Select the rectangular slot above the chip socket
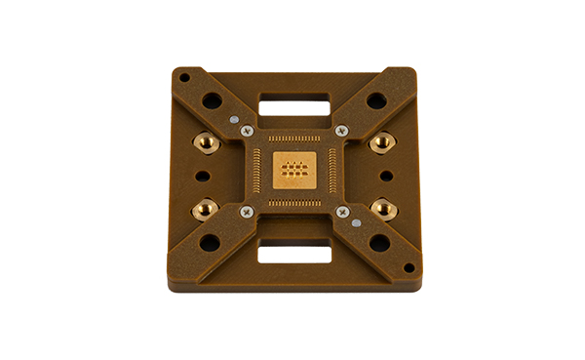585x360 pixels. (294, 101)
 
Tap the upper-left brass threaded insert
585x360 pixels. (207, 142)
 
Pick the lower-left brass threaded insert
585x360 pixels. (206, 208)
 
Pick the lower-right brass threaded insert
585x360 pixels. (383, 208)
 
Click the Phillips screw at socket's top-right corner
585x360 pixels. (340, 131)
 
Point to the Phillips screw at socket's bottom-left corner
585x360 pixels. (246, 211)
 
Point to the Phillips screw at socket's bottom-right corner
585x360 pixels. (342, 211)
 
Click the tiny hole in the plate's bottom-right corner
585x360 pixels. (409, 267)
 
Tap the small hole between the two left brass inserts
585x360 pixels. (202, 177)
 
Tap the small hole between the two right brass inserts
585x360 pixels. (386, 177)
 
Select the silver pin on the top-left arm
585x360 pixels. (234, 119)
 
